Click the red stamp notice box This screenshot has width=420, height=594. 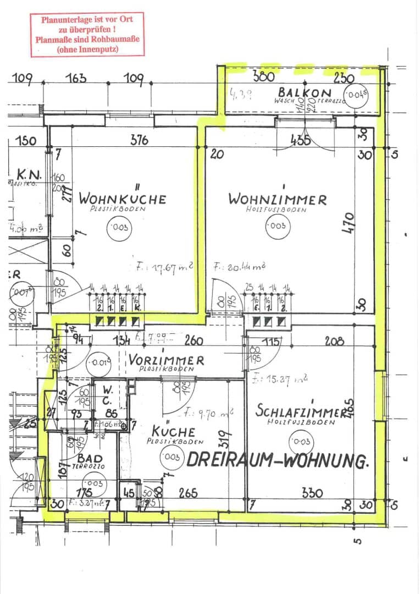(x=87, y=34)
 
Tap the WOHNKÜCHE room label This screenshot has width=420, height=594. (x=121, y=198)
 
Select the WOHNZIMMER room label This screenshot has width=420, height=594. (x=277, y=199)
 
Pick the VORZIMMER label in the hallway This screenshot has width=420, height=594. (x=166, y=360)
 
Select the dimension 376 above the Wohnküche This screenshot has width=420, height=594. (x=139, y=140)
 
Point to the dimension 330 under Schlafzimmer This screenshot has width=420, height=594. (x=312, y=493)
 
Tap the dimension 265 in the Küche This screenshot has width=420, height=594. (x=187, y=493)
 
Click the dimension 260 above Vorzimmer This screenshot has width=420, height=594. (x=193, y=341)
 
